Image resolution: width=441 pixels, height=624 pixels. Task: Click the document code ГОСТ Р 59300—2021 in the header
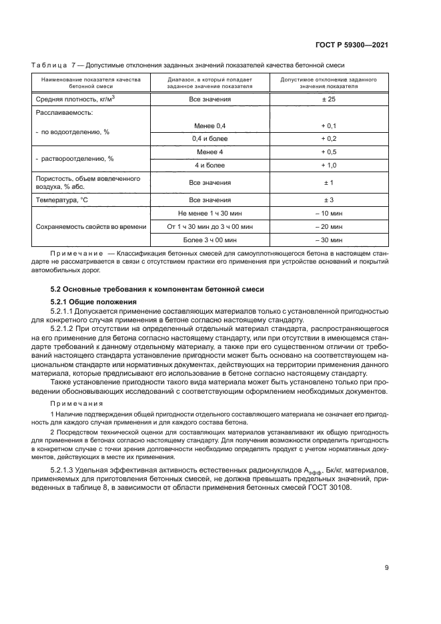(x=351, y=45)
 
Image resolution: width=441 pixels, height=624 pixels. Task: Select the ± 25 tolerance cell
(x=329, y=99)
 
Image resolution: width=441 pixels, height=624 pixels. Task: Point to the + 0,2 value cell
(x=329, y=139)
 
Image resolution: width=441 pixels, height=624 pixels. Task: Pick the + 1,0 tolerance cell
(x=329, y=165)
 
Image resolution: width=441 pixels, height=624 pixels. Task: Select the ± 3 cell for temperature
(x=329, y=200)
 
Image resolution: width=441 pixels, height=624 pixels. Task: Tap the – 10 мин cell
(x=329, y=213)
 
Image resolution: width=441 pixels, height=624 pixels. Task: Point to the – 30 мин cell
(x=329, y=240)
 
